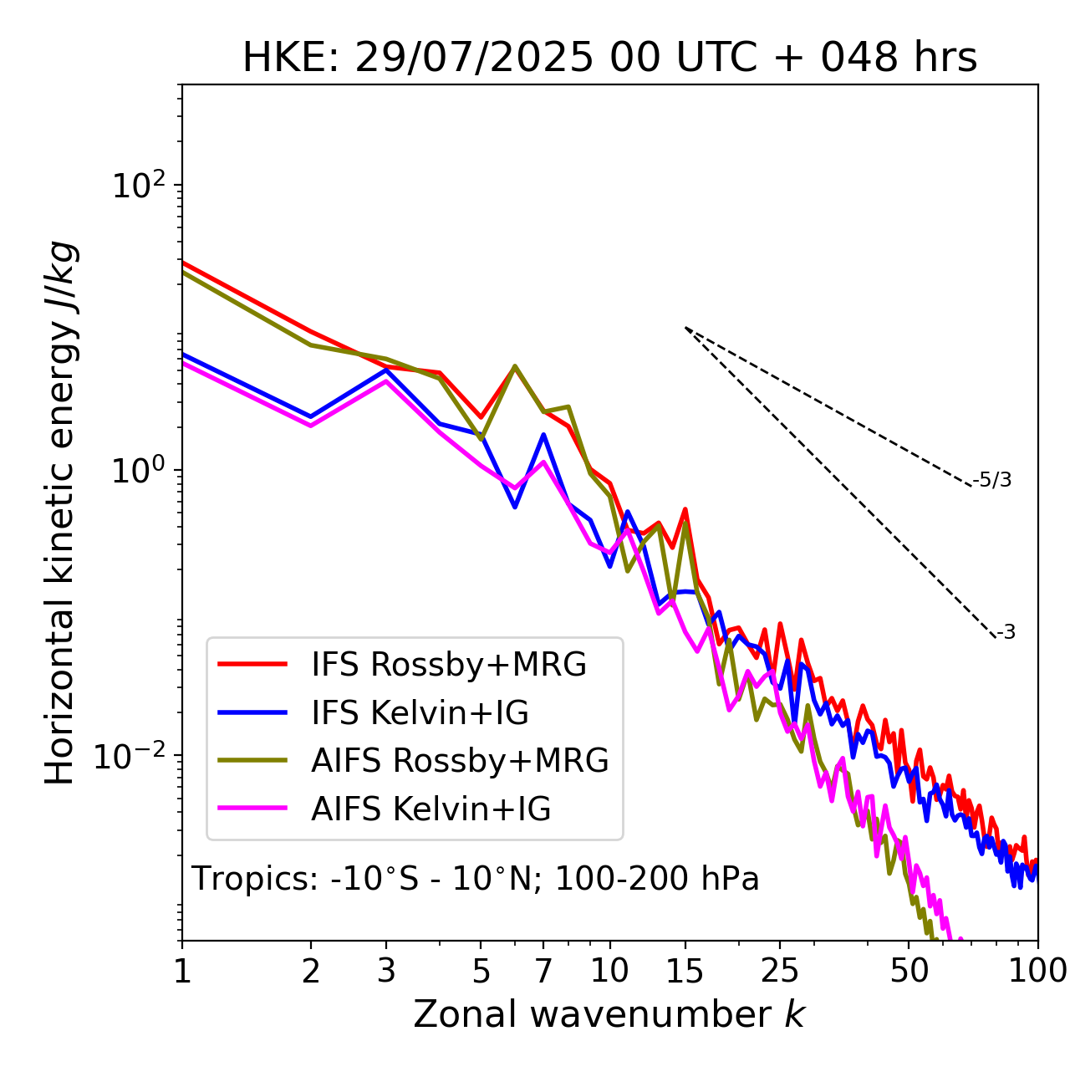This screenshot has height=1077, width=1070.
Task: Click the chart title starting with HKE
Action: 609,58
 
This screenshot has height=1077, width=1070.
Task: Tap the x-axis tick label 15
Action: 685,971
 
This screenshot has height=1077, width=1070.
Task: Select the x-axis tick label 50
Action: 909,971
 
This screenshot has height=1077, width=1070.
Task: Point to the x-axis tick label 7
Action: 543,971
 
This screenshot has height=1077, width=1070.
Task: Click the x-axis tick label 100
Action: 1037,971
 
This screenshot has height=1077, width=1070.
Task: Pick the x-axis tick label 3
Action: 386,971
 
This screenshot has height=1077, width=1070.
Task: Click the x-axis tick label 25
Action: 779,971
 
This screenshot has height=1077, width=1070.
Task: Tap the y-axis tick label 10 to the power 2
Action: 139,186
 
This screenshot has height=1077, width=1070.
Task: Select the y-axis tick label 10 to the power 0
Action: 139,471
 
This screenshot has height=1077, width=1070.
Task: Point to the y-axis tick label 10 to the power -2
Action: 134,756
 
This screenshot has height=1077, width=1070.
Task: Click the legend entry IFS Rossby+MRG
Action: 448,664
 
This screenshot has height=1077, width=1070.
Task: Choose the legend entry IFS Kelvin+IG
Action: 420,712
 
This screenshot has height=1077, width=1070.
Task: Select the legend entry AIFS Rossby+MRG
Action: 460,760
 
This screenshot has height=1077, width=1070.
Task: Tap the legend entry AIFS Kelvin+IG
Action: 431,809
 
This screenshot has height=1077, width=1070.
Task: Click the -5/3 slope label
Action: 992,480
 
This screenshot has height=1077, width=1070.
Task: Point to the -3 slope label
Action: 1006,633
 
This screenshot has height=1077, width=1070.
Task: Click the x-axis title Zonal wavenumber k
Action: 609,1014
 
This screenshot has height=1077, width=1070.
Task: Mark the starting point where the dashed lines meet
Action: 685,328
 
